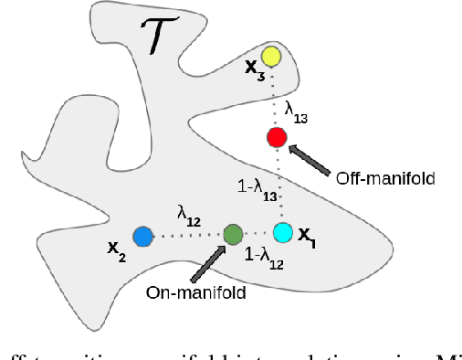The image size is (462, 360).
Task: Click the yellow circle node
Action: click(271, 57)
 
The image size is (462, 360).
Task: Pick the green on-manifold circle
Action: click(231, 234)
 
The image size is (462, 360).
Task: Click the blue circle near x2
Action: click(142, 237)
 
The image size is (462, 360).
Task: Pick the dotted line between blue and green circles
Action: click(186, 236)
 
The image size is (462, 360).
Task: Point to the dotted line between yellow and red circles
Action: click(274, 98)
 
